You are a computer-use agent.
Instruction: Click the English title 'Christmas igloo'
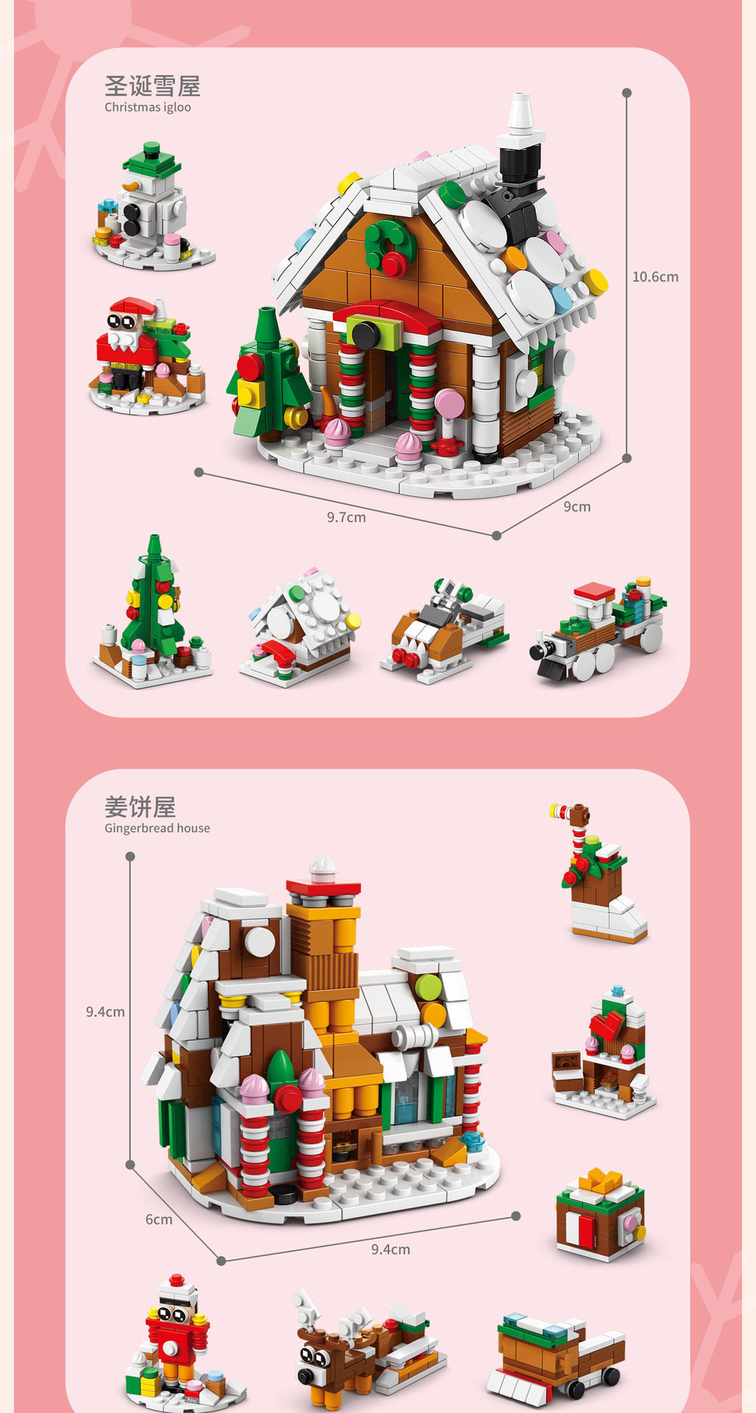coord(147,107)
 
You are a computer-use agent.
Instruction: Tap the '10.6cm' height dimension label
coord(655,277)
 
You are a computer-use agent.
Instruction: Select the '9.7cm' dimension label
coord(346,517)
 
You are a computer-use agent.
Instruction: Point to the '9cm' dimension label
coord(577,507)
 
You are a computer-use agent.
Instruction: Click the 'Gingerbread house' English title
coord(157,828)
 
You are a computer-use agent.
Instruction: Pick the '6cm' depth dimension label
coord(159,1219)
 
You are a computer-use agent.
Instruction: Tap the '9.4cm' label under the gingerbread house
coord(390,1250)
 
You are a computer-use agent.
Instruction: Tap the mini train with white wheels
coord(598,629)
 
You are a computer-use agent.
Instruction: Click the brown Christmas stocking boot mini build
coord(600,876)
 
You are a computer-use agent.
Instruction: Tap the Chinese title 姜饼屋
coord(140,807)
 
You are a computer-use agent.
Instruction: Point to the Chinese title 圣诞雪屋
coord(152,86)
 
